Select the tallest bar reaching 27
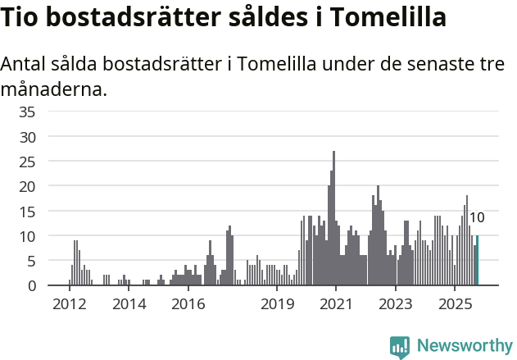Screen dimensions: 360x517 pos(333,218)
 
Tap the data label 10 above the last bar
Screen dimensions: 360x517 pos(476,218)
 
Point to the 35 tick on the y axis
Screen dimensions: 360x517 pos(27,112)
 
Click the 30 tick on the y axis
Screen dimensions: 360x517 pos(27,136)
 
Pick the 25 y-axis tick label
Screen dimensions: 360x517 pos(27,162)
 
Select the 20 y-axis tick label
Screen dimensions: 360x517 pos(27,186)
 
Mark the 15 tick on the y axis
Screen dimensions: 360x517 pos(27,212)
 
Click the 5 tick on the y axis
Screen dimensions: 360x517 pos(30,262)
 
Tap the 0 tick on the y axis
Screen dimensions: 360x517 pos(30,286)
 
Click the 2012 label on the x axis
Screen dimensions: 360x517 pos(69,304)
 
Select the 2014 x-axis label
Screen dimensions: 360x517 pos(129,304)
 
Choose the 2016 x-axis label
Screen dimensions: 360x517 pos(188,304)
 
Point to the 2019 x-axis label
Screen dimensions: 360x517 pos(277,304)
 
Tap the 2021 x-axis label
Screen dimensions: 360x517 pos(337,304)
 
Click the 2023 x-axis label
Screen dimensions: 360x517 pos(396,304)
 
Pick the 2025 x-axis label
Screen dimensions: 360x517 pos(456,304)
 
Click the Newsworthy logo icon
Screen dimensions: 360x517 pos(400,347)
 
